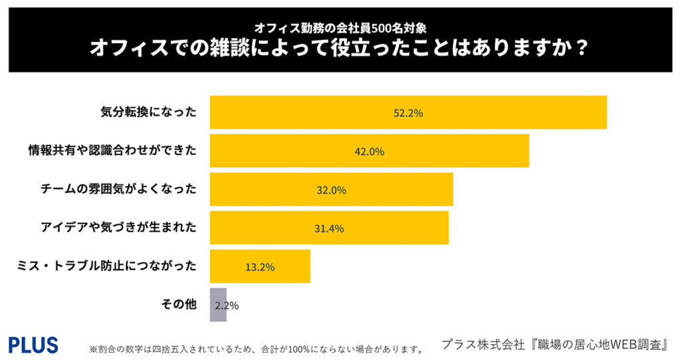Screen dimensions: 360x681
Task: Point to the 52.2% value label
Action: pos(408,113)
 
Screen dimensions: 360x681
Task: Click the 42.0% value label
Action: pos(370,152)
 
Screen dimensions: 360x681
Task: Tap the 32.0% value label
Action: pos(331,190)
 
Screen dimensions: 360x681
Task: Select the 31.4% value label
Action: pos(329,229)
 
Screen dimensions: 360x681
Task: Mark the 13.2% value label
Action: pos(260,268)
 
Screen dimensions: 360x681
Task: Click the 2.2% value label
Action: pos(227,306)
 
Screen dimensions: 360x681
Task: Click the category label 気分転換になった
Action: pos(148,112)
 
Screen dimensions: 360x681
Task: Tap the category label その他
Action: pos(179,305)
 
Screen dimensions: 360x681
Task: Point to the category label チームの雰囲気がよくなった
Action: pos(118,190)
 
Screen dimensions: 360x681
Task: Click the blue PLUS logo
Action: pos(33,345)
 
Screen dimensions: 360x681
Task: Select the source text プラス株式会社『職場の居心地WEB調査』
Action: pos(555,345)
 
